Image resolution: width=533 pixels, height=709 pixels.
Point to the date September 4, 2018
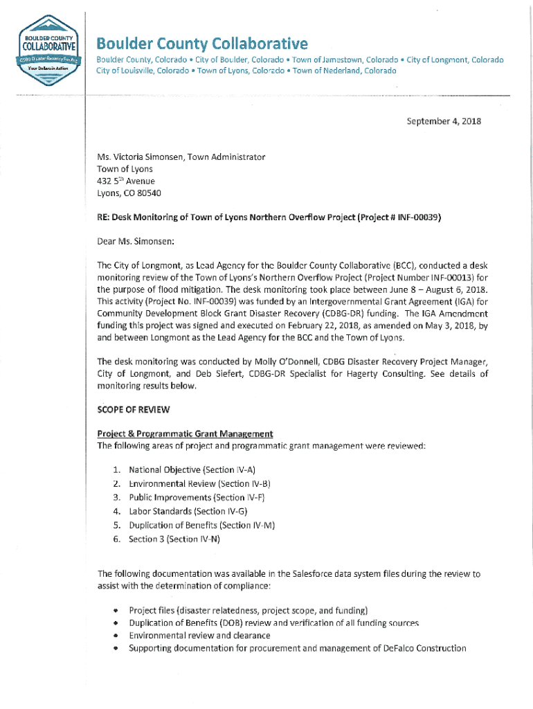(x=443, y=121)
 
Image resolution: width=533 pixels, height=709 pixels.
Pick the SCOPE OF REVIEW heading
(x=134, y=409)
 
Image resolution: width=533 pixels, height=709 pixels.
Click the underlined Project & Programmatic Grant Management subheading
(x=185, y=433)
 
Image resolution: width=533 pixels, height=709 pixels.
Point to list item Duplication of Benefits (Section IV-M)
(x=201, y=525)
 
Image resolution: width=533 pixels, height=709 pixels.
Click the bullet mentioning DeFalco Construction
(x=297, y=648)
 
